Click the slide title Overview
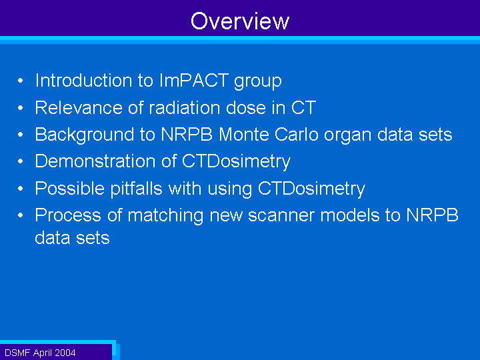pos(240,21)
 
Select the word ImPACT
pos(194,80)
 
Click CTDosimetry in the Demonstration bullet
pos(236,161)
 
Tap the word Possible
pos(69,188)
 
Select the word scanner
pos(281,215)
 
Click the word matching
pos(165,216)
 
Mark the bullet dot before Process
pos(21,215)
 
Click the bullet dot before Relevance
pos(21,108)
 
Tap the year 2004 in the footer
pos(65,353)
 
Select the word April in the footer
pos(43,353)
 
